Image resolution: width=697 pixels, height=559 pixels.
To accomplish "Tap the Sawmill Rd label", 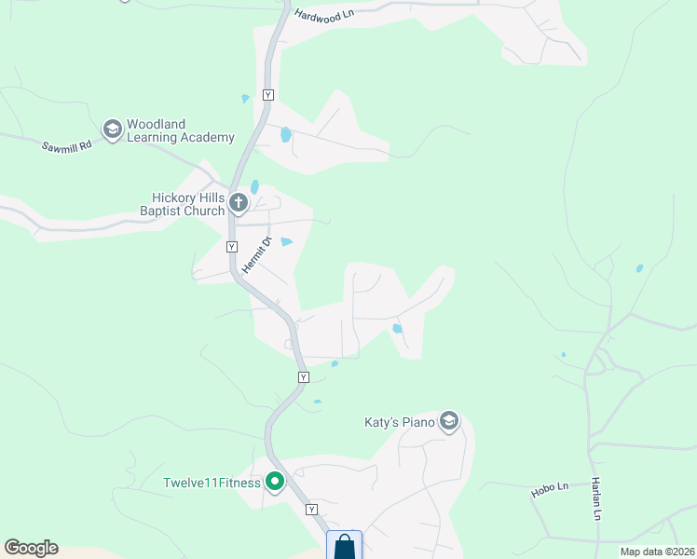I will point(67,145).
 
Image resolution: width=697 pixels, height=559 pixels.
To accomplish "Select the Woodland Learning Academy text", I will point(181,130).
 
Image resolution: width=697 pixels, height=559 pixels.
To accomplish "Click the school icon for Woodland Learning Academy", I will point(113,130).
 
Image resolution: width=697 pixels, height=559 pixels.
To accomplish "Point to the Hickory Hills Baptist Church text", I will point(188,204).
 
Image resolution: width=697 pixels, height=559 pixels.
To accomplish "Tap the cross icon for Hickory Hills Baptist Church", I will point(239,202).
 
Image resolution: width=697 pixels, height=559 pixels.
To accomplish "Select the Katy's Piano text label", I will point(399,422).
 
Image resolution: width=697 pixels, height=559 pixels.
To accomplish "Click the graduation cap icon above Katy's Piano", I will point(449,422).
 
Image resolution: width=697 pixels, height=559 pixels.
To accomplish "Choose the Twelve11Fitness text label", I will point(212,483).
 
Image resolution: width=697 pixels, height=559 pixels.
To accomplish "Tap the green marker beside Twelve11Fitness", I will point(274,482).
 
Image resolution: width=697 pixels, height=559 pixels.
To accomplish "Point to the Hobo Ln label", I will point(550,491).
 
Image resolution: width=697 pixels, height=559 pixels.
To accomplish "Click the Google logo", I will point(31,548).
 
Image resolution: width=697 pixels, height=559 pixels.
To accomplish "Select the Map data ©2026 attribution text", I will point(656,552).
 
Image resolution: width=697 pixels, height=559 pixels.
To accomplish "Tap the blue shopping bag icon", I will point(344,546).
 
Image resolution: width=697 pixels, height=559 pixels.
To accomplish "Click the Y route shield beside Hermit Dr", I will point(232,247).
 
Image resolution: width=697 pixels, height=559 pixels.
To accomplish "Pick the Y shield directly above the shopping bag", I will point(311,510).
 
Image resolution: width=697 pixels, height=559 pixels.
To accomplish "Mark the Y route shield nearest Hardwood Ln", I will point(267,95).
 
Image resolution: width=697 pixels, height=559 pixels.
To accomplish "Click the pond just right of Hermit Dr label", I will point(287,242).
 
